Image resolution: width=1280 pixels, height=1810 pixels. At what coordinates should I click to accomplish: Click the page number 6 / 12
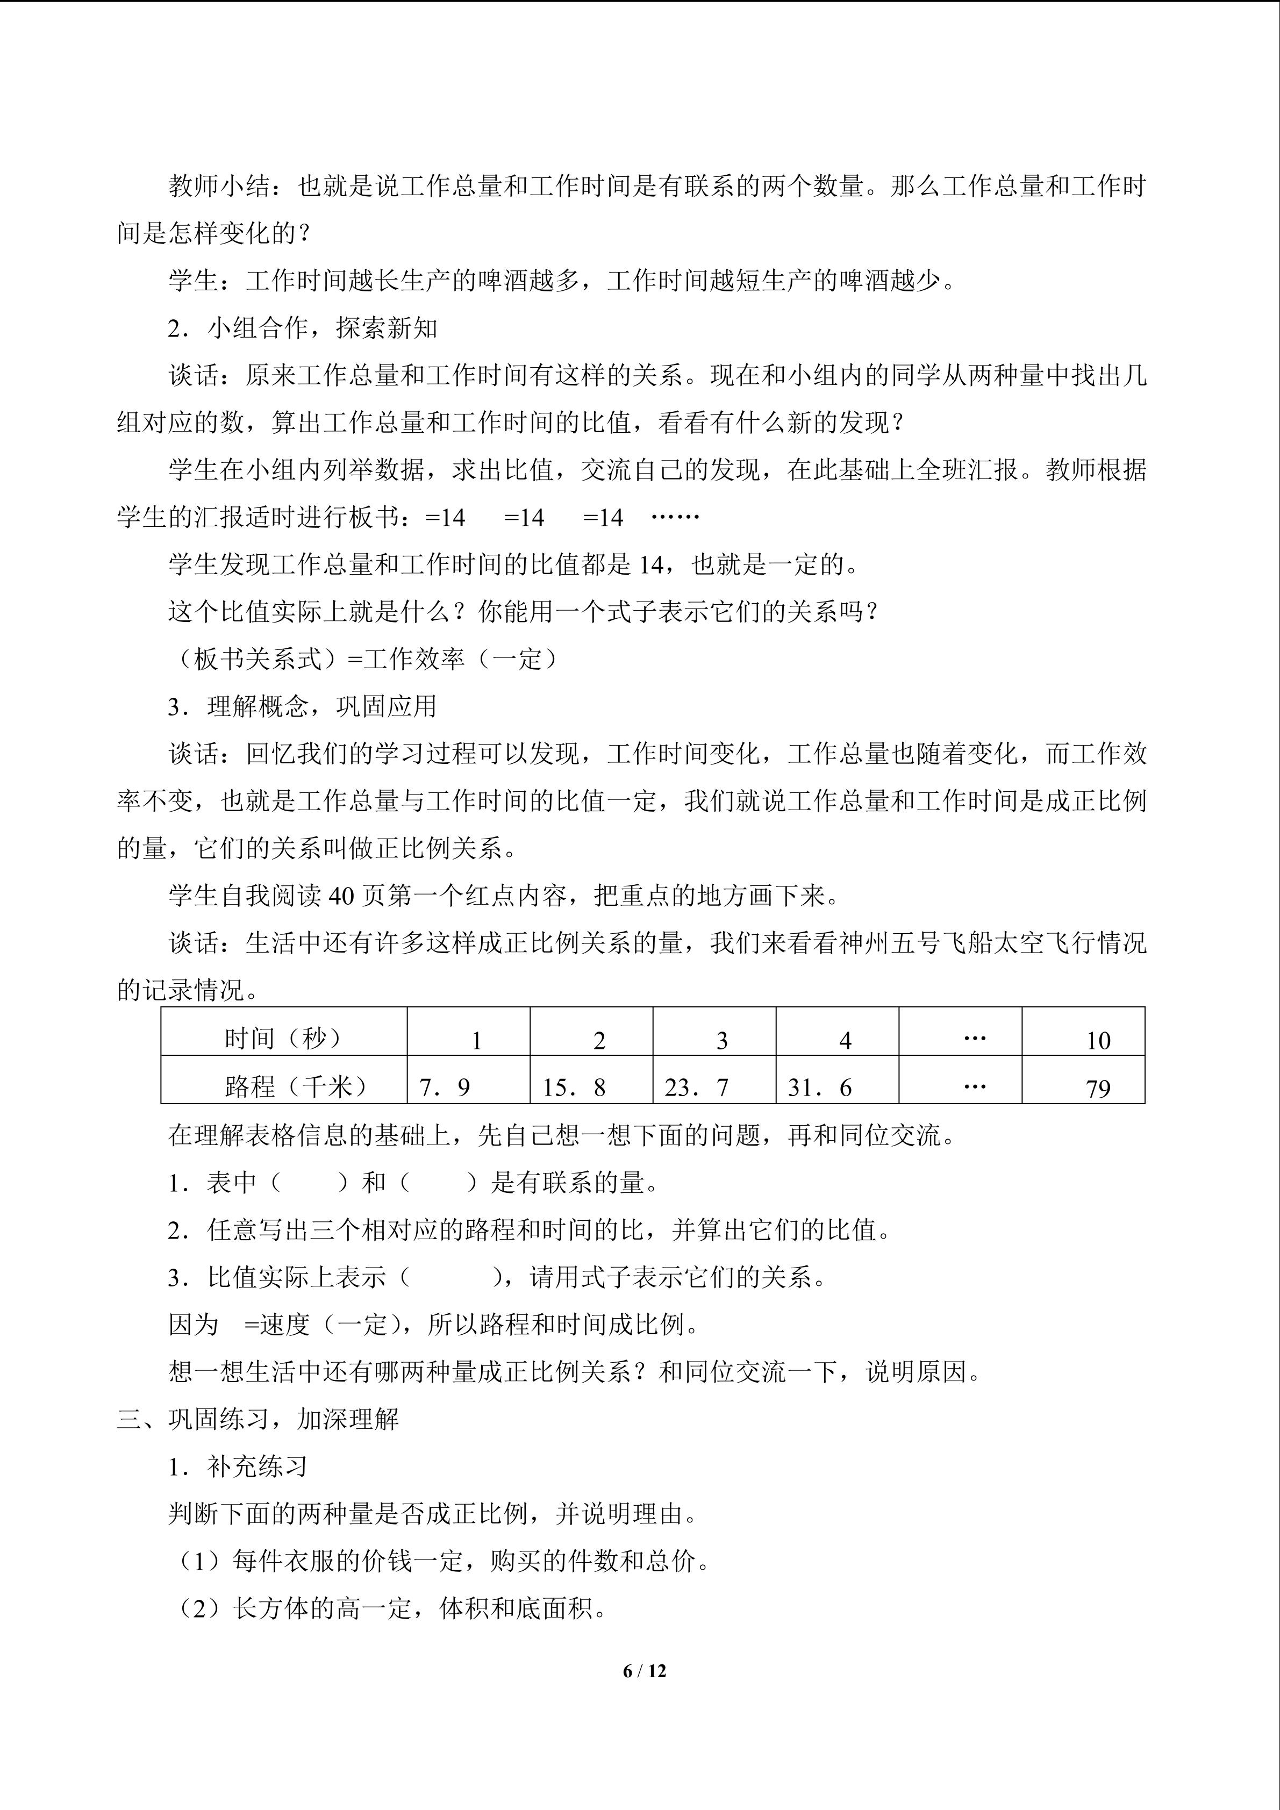pyautogui.click(x=644, y=1670)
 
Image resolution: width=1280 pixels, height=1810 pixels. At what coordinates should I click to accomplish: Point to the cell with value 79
pyautogui.click(x=1098, y=1089)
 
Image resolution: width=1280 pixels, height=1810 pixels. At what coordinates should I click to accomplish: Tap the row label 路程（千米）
pyautogui.click(x=296, y=1086)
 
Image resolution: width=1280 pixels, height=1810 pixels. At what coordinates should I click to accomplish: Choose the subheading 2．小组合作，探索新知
pyautogui.click(x=303, y=328)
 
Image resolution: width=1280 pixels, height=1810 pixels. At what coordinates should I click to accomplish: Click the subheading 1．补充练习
pyautogui.click(x=237, y=1466)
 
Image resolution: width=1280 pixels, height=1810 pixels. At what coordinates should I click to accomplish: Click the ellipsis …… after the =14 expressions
pyautogui.click(x=675, y=517)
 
